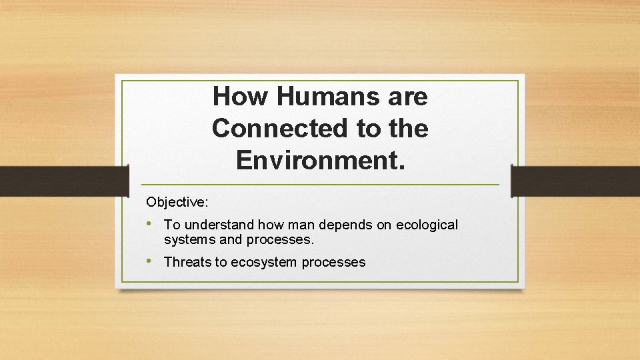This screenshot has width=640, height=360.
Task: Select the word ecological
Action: point(427,225)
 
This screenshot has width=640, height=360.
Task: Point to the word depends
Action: point(349,225)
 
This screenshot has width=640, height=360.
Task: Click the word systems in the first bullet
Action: point(187,239)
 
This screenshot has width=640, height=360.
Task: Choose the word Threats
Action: point(187,262)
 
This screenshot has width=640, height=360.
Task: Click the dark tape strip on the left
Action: point(64,181)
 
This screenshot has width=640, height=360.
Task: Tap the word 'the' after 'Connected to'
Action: point(407,128)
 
